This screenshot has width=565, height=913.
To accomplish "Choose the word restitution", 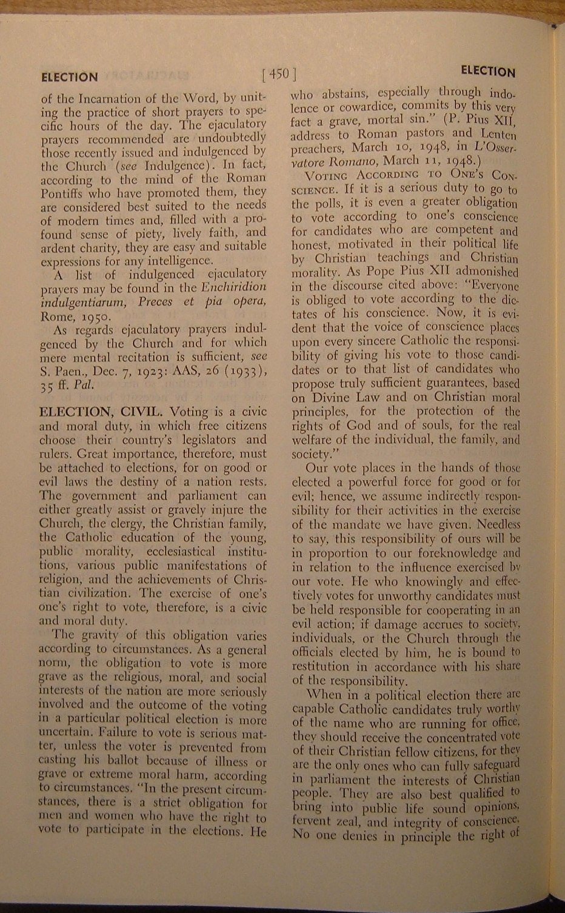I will point(327,666).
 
